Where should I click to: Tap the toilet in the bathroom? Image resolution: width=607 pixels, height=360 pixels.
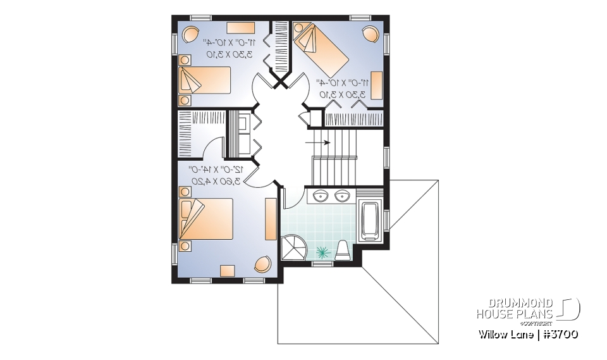[x=342, y=250]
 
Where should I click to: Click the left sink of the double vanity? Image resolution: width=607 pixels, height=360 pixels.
[x=320, y=196]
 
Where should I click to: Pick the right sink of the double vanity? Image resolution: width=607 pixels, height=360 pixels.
[x=343, y=196]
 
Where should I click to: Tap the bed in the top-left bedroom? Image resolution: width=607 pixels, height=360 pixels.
[x=204, y=80]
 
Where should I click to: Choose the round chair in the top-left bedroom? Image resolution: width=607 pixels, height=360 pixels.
[x=190, y=34]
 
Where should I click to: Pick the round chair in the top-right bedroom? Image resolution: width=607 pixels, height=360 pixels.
[x=369, y=34]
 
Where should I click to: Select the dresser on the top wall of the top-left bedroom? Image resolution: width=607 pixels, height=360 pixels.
[x=240, y=27]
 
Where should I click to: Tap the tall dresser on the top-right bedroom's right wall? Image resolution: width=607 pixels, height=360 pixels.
[x=377, y=85]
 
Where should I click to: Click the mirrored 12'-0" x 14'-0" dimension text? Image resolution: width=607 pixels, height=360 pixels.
[x=216, y=170]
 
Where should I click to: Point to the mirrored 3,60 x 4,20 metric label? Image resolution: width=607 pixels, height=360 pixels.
[x=216, y=182]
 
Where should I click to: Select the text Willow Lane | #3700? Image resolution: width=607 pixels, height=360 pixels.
[x=527, y=333]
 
